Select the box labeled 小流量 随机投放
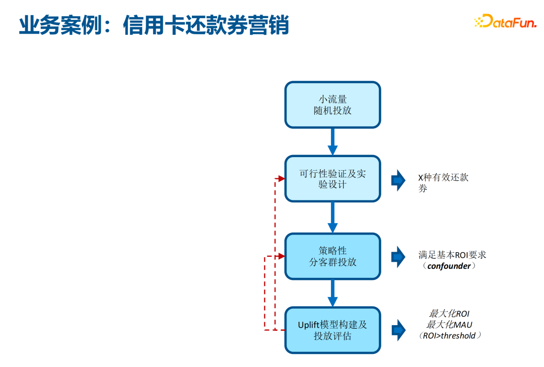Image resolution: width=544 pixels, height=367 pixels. click(332, 105)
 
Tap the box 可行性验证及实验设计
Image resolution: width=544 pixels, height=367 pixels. click(332, 179)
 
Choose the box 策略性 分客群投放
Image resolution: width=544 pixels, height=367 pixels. click(332, 256)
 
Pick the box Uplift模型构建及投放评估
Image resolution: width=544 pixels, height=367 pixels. click(332, 330)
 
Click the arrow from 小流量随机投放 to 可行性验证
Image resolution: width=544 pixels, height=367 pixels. click(332, 141)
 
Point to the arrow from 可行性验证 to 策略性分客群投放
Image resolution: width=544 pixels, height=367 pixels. click(332, 217)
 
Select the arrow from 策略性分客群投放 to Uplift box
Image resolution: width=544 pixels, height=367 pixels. click(332, 293)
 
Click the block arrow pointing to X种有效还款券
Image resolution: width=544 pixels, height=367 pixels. click(398, 180)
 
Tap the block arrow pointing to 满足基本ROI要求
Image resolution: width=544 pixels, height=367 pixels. click(398, 257)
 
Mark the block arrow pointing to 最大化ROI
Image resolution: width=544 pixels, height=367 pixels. click(398, 330)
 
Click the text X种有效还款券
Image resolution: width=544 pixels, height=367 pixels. click(443, 183)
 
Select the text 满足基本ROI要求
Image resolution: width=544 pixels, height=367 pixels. click(452, 255)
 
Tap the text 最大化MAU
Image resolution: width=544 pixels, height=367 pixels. click(449, 325)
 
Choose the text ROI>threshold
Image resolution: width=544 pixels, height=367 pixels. click(449, 336)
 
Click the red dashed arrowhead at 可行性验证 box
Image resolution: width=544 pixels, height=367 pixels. click(281, 178)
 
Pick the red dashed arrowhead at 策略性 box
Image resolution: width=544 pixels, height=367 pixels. click(281, 256)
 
